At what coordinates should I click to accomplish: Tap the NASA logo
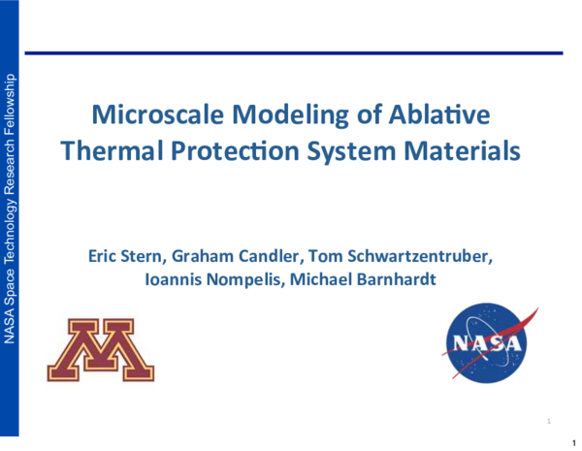[x=488, y=343]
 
